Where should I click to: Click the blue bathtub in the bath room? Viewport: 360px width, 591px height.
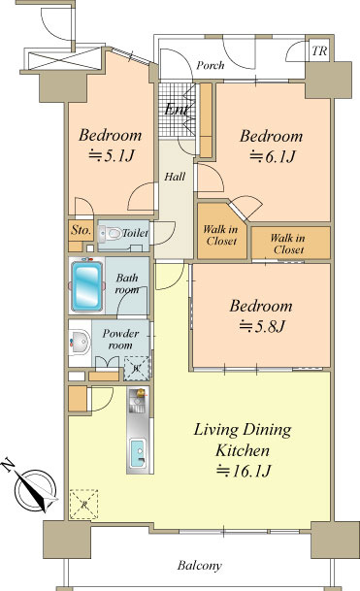click(87, 285)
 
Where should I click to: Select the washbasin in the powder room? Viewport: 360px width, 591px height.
click(80, 343)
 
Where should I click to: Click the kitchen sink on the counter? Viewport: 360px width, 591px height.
click(138, 453)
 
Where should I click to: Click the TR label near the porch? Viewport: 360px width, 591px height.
click(319, 50)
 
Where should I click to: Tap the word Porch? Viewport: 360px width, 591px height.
click(210, 65)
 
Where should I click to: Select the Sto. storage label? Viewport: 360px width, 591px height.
click(82, 230)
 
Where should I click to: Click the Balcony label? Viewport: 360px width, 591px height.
click(200, 566)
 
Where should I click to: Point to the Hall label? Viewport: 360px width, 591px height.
click(175, 177)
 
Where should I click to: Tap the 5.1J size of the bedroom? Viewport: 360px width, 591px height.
click(111, 155)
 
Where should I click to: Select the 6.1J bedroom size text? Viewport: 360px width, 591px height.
click(272, 156)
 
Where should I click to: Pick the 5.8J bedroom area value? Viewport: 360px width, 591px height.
click(262, 326)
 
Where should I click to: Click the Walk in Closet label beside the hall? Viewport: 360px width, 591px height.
click(221, 235)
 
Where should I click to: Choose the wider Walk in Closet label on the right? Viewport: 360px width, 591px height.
click(288, 244)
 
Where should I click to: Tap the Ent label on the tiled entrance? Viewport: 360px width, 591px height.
click(177, 110)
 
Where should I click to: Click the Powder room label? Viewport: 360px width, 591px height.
click(120, 340)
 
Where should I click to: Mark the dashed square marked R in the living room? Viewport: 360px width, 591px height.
click(83, 504)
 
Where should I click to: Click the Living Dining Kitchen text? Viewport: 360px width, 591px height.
click(243, 440)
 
